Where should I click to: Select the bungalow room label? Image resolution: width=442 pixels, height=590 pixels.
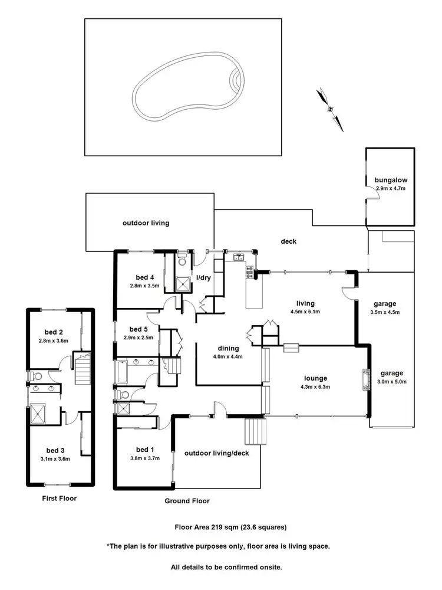point(391,180)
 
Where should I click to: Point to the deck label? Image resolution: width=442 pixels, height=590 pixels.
point(288,241)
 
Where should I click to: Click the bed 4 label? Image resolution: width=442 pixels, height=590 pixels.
point(144,277)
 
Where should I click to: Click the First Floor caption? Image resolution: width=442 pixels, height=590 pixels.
point(59,498)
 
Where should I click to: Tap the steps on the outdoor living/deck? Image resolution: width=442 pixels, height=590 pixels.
point(254,430)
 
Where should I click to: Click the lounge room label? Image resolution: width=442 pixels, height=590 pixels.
point(316,378)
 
